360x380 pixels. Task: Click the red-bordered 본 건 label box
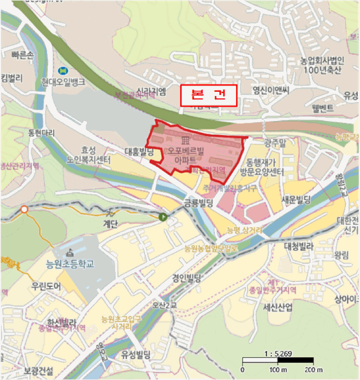coord(209,96)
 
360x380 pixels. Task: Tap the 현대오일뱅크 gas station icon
coord(64,71)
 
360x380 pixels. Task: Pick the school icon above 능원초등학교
coord(70,253)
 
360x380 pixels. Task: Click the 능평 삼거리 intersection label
coord(244,231)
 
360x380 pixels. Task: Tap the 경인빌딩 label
coord(186,278)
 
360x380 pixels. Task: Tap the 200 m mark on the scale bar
coord(313,370)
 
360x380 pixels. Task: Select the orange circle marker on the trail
coord(24,209)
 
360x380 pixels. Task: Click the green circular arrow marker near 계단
coord(162,217)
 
